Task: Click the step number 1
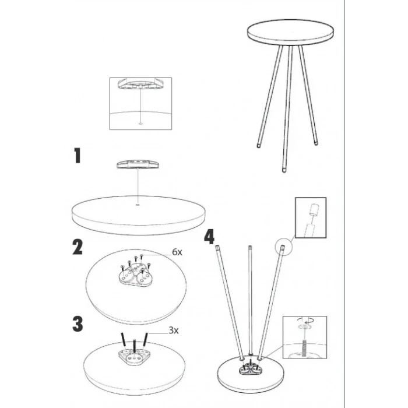click(78, 156)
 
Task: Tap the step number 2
click(78, 247)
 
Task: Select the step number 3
click(78, 324)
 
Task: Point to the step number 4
click(209, 237)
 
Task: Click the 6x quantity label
click(177, 252)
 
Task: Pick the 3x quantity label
click(174, 330)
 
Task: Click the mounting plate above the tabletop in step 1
click(138, 164)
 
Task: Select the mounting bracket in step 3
click(135, 356)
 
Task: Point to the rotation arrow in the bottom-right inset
click(305, 320)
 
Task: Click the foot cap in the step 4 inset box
click(314, 210)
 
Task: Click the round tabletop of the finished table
click(290, 33)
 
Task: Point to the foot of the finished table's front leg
click(284, 170)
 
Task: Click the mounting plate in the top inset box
click(140, 83)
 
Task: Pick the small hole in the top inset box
click(140, 123)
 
